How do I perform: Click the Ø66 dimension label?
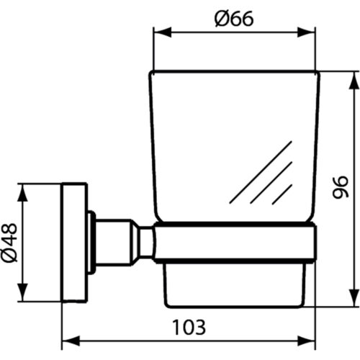click(x=234, y=19)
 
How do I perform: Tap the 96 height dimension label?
click(x=341, y=187)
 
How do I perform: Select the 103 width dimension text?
click(x=189, y=327)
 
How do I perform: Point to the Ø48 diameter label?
click(x=9, y=243)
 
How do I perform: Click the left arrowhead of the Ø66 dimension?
click(x=162, y=32)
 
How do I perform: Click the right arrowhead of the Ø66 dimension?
click(x=306, y=32)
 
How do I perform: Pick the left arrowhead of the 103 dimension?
click(x=71, y=341)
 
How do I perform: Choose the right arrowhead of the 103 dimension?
click(x=306, y=341)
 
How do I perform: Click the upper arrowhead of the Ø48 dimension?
click(x=22, y=193)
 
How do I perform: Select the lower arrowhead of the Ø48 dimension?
click(x=22, y=292)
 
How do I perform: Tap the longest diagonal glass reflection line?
click(x=261, y=172)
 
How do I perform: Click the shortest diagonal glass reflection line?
click(x=282, y=194)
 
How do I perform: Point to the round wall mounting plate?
click(x=75, y=243)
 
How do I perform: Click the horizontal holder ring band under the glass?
click(x=235, y=243)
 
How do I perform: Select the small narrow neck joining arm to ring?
click(x=146, y=243)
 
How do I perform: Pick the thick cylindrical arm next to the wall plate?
click(x=113, y=243)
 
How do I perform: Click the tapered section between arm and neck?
click(x=135, y=243)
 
